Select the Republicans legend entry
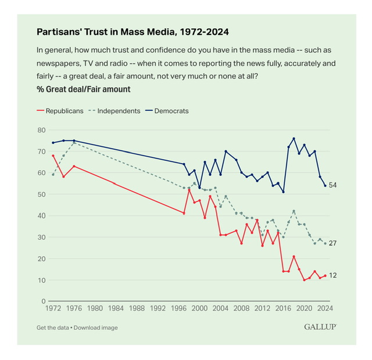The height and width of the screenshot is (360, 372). coord(63,111)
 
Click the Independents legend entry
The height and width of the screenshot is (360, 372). coord(118,111)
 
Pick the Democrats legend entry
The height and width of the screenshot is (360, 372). coord(171,111)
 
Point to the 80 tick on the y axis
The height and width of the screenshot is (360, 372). coord(42,129)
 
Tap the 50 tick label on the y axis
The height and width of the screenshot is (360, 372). coord(42,194)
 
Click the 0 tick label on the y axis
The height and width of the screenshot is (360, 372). coord(44,301)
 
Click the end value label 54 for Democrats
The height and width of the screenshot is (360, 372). coord(333,185)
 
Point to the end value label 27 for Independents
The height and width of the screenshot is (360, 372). coord(333,243)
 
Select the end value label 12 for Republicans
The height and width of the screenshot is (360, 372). coord(333,275)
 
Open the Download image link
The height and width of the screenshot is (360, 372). coord(95,327)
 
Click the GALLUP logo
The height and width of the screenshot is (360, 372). coord(320,327)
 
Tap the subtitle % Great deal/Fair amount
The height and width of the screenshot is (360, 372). coord(83,89)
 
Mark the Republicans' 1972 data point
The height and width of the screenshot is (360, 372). coord(53,156)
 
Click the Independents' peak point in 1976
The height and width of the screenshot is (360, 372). coord(74,142)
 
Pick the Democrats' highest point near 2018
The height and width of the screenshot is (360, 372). coord(294,138)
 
